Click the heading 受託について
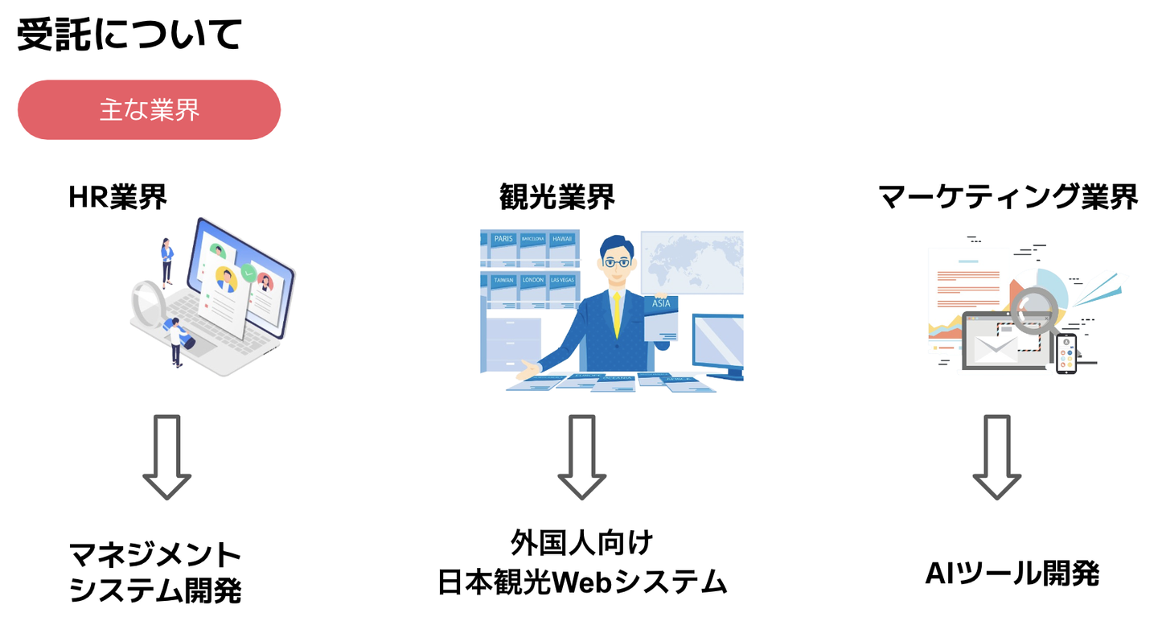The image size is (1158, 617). (129, 35)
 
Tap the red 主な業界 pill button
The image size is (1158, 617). (150, 110)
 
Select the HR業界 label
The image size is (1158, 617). (118, 197)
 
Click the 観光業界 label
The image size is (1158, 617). (556, 197)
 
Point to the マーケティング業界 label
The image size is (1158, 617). (1008, 197)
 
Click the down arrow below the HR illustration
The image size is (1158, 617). (167, 457)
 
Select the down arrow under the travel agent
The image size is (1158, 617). (581, 457)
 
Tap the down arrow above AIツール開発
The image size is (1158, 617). (997, 457)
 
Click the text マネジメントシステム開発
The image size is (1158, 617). (155, 573)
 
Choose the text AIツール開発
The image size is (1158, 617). (1012, 574)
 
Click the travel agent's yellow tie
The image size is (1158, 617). (616, 314)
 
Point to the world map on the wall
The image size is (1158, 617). (691, 261)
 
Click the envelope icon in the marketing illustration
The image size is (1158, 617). (996, 348)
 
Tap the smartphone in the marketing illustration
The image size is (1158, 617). (1066, 353)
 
